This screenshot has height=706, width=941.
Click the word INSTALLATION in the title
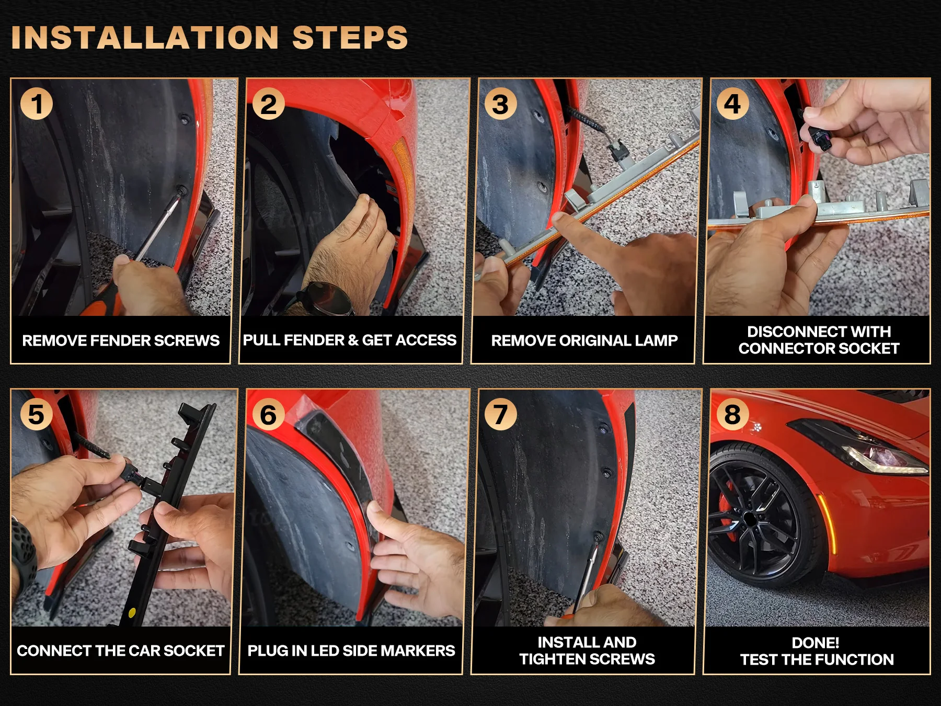tap(145, 38)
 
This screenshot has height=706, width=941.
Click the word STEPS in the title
tap(350, 38)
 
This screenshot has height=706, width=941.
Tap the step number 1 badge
tap(37, 104)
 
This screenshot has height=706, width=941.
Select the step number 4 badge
tap(732, 104)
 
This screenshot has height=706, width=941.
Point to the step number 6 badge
tap(269, 414)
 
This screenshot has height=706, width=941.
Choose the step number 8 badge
tap(732, 414)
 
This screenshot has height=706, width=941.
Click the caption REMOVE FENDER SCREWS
tap(121, 340)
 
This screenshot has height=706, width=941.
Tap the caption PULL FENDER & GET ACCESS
tap(350, 340)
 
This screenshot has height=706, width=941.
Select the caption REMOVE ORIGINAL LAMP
tap(584, 340)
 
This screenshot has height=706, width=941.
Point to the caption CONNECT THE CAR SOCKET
tap(121, 651)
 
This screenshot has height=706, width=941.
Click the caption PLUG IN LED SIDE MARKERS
tap(351, 651)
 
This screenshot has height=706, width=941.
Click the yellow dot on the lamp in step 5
tap(132, 612)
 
